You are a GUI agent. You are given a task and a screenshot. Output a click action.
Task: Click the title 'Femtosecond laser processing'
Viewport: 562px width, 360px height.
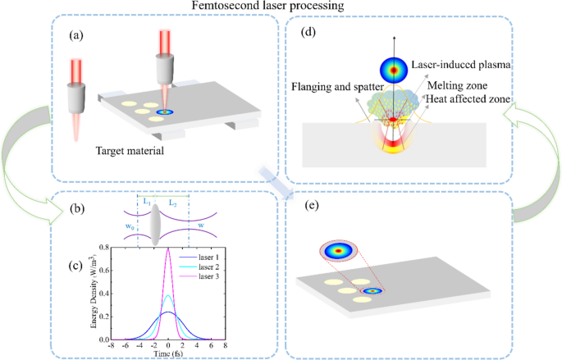280,7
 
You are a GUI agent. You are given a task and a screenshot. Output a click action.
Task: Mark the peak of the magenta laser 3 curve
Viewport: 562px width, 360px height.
168,248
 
